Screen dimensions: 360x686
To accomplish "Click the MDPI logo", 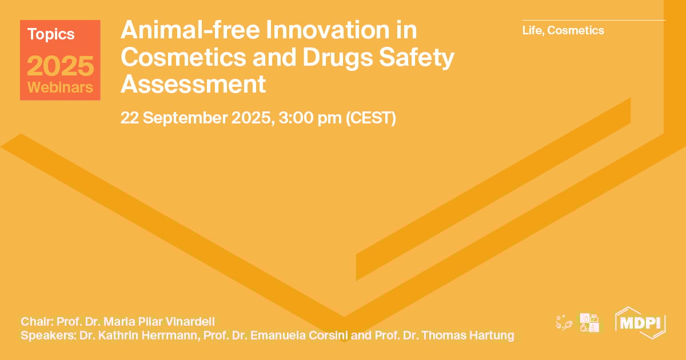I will (x=640, y=322).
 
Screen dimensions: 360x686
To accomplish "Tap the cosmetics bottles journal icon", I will (x=589, y=323).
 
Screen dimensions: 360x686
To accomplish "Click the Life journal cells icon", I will (x=564, y=323).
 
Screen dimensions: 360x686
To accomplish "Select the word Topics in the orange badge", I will (x=51, y=34).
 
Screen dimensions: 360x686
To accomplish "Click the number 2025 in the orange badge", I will (x=60, y=66).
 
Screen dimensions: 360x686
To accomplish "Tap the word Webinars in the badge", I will (x=60, y=88).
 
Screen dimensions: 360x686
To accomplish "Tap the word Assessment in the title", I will (x=193, y=84).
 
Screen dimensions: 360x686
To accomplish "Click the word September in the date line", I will (x=186, y=118).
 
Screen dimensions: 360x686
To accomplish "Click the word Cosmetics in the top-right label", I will (x=576, y=30).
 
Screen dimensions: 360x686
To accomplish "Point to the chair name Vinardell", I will (x=188, y=321).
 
